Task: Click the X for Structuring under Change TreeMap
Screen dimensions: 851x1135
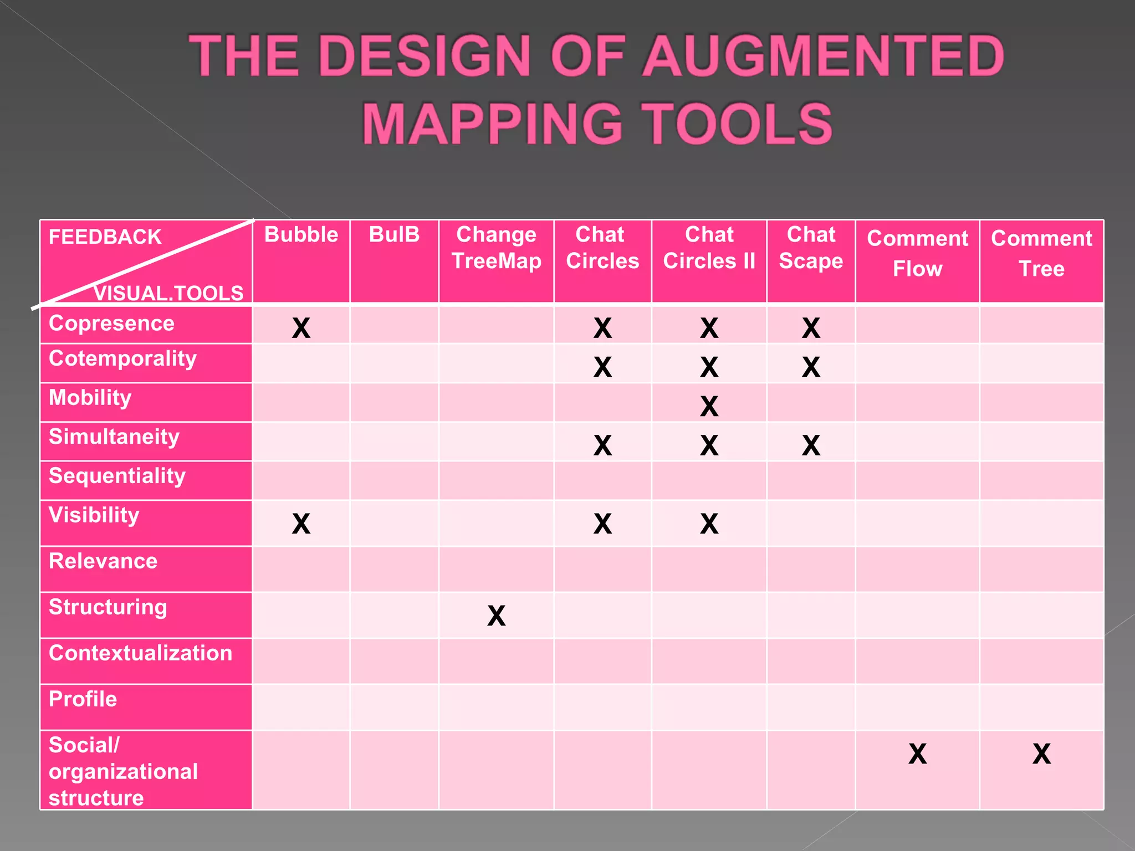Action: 496,616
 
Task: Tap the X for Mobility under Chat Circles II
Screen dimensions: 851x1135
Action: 709,406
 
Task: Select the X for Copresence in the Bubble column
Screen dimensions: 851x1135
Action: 301,328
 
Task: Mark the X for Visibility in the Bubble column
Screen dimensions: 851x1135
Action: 301,524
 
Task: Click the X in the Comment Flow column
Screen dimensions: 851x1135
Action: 917,753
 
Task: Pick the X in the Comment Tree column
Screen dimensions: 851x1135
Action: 1041,753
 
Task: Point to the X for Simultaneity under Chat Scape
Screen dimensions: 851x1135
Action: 811,445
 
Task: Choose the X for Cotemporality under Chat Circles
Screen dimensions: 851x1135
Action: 602,367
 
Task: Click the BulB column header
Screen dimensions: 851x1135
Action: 394,235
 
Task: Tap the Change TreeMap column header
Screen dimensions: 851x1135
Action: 496,248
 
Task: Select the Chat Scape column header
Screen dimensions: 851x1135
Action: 811,248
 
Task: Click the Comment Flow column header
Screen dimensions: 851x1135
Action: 917,253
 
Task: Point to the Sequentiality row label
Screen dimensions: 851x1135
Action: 117,476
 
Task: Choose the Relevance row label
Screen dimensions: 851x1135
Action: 103,561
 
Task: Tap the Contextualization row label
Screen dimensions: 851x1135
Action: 140,653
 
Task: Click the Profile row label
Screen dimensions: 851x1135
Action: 83,699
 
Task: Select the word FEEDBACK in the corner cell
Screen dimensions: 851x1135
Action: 105,237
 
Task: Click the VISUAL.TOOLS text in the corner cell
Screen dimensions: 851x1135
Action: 168,293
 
